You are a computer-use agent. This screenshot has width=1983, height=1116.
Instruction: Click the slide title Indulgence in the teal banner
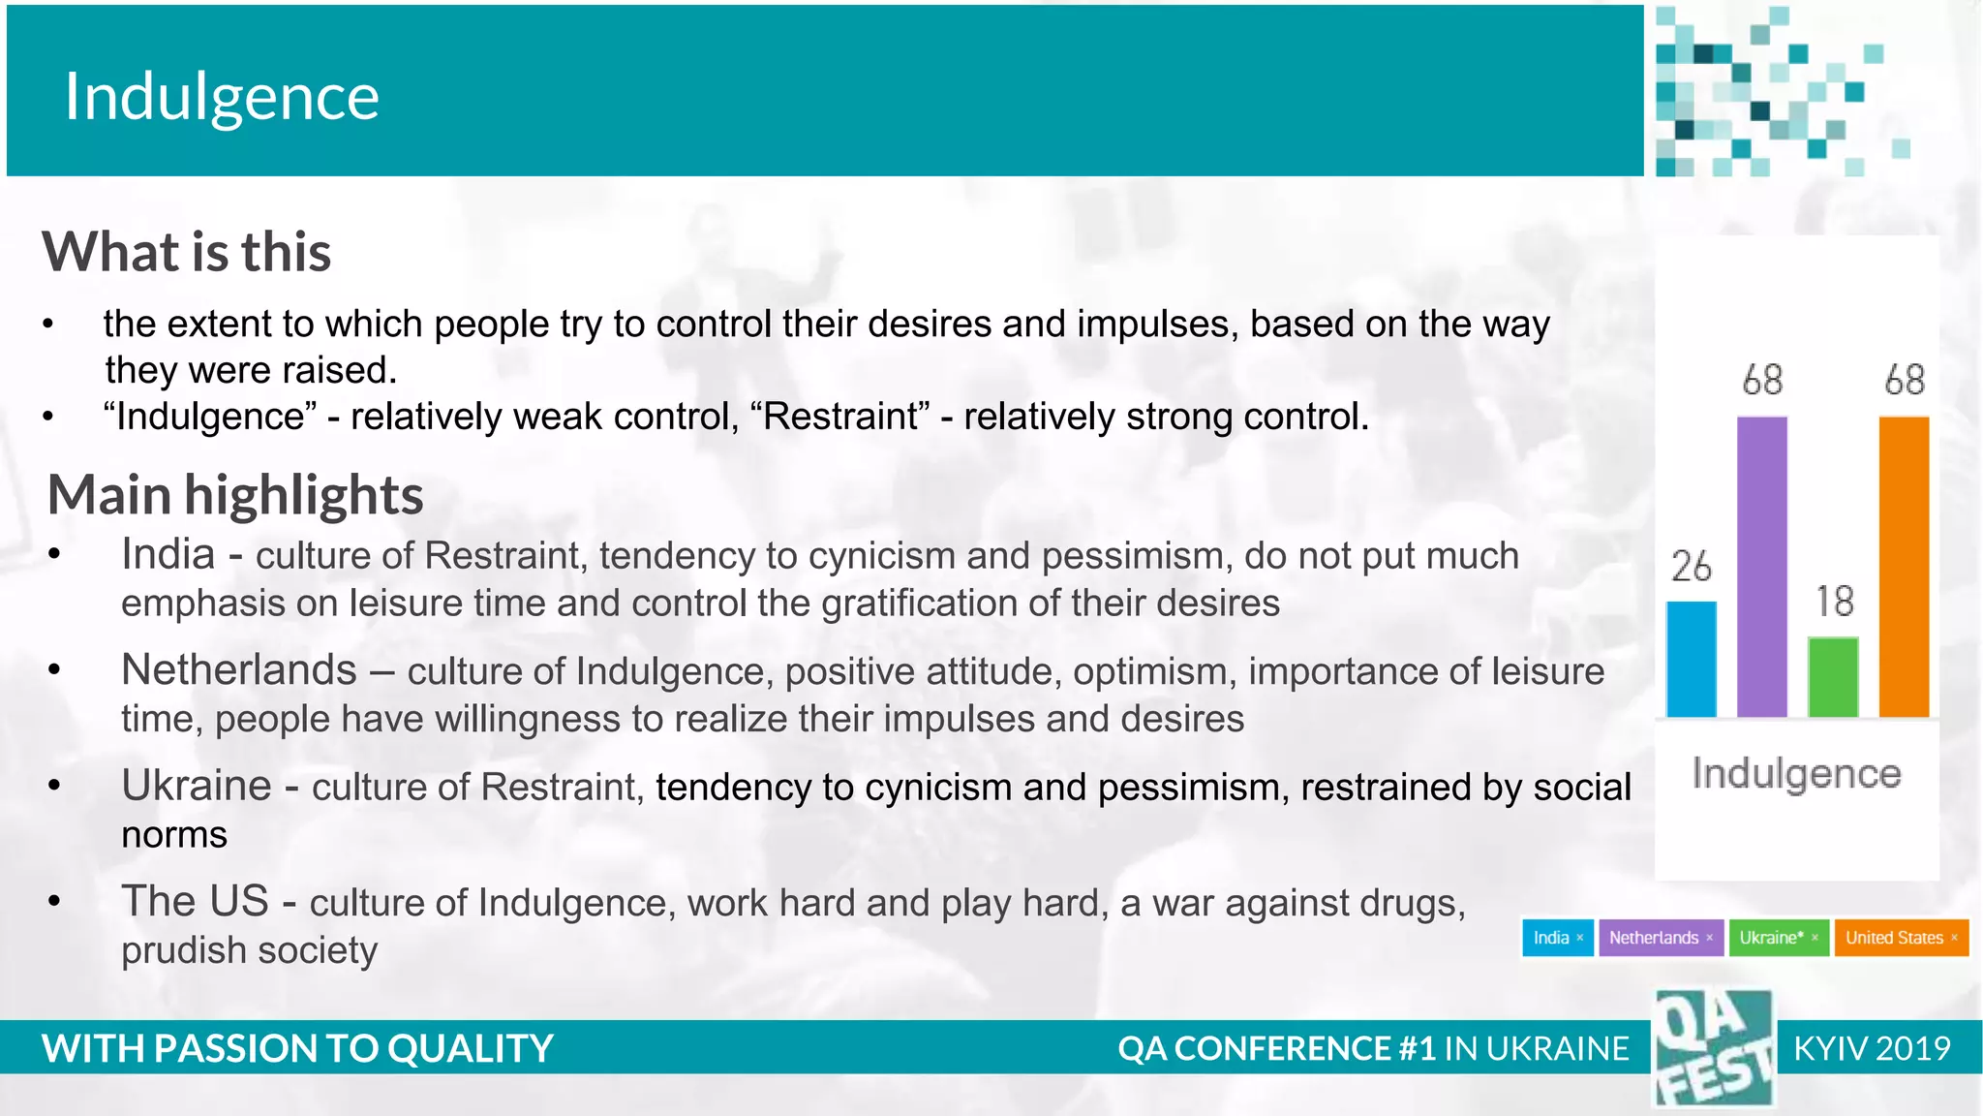[x=222, y=98]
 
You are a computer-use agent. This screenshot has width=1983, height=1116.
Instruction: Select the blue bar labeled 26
[x=1691, y=659]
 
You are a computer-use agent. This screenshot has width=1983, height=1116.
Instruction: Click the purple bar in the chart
[x=1761, y=567]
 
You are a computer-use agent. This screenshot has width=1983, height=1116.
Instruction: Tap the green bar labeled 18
[x=1833, y=676]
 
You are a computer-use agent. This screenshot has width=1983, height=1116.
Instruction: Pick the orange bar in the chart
[x=1904, y=567]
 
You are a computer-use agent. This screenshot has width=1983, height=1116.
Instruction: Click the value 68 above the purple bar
[x=1762, y=380]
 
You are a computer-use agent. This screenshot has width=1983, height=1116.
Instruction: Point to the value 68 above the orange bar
[x=1905, y=380]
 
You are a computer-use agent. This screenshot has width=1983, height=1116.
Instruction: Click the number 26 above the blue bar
[x=1692, y=567]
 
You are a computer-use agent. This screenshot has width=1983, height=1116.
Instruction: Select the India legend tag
[x=1557, y=938]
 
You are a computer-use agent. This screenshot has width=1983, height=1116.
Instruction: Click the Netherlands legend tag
[x=1661, y=938]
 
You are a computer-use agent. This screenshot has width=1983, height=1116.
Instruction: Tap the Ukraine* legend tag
[x=1779, y=938]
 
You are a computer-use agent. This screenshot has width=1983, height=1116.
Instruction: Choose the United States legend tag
[x=1901, y=938]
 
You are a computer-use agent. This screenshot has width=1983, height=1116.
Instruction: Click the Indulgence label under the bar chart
[x=1796, y=774]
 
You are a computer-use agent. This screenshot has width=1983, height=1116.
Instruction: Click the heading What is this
[x=187, y=253]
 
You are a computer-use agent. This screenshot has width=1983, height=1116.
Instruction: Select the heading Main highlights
[x=235, y=495]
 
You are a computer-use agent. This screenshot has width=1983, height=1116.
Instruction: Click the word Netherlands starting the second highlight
[x=239, y=670]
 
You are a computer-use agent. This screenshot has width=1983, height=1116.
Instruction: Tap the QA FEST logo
[x=1714, y=1049]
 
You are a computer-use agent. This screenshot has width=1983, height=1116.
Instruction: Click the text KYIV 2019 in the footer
[x=1872, y=1049]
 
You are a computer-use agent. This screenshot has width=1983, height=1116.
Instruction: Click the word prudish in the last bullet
[x=178, y=951]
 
